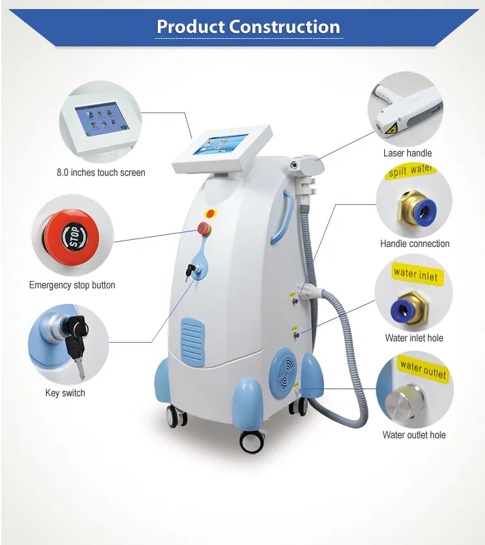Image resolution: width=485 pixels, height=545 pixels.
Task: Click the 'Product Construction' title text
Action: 248,27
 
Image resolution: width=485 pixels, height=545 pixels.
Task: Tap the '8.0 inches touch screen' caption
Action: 100,173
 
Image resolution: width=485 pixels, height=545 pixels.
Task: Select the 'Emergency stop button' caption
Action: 72,285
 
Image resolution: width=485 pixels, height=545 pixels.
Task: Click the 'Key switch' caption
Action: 65,392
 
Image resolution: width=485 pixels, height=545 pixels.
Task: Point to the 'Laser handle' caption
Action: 407,153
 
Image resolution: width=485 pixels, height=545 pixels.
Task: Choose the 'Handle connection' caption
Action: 415,244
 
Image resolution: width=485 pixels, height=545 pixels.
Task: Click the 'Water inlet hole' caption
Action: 414,338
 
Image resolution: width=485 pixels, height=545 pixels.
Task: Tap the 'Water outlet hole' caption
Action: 414,435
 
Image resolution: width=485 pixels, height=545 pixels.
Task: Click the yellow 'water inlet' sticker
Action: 415,274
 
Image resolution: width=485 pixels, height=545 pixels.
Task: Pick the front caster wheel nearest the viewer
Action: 252,440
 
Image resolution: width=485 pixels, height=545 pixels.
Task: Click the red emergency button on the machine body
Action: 204,227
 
